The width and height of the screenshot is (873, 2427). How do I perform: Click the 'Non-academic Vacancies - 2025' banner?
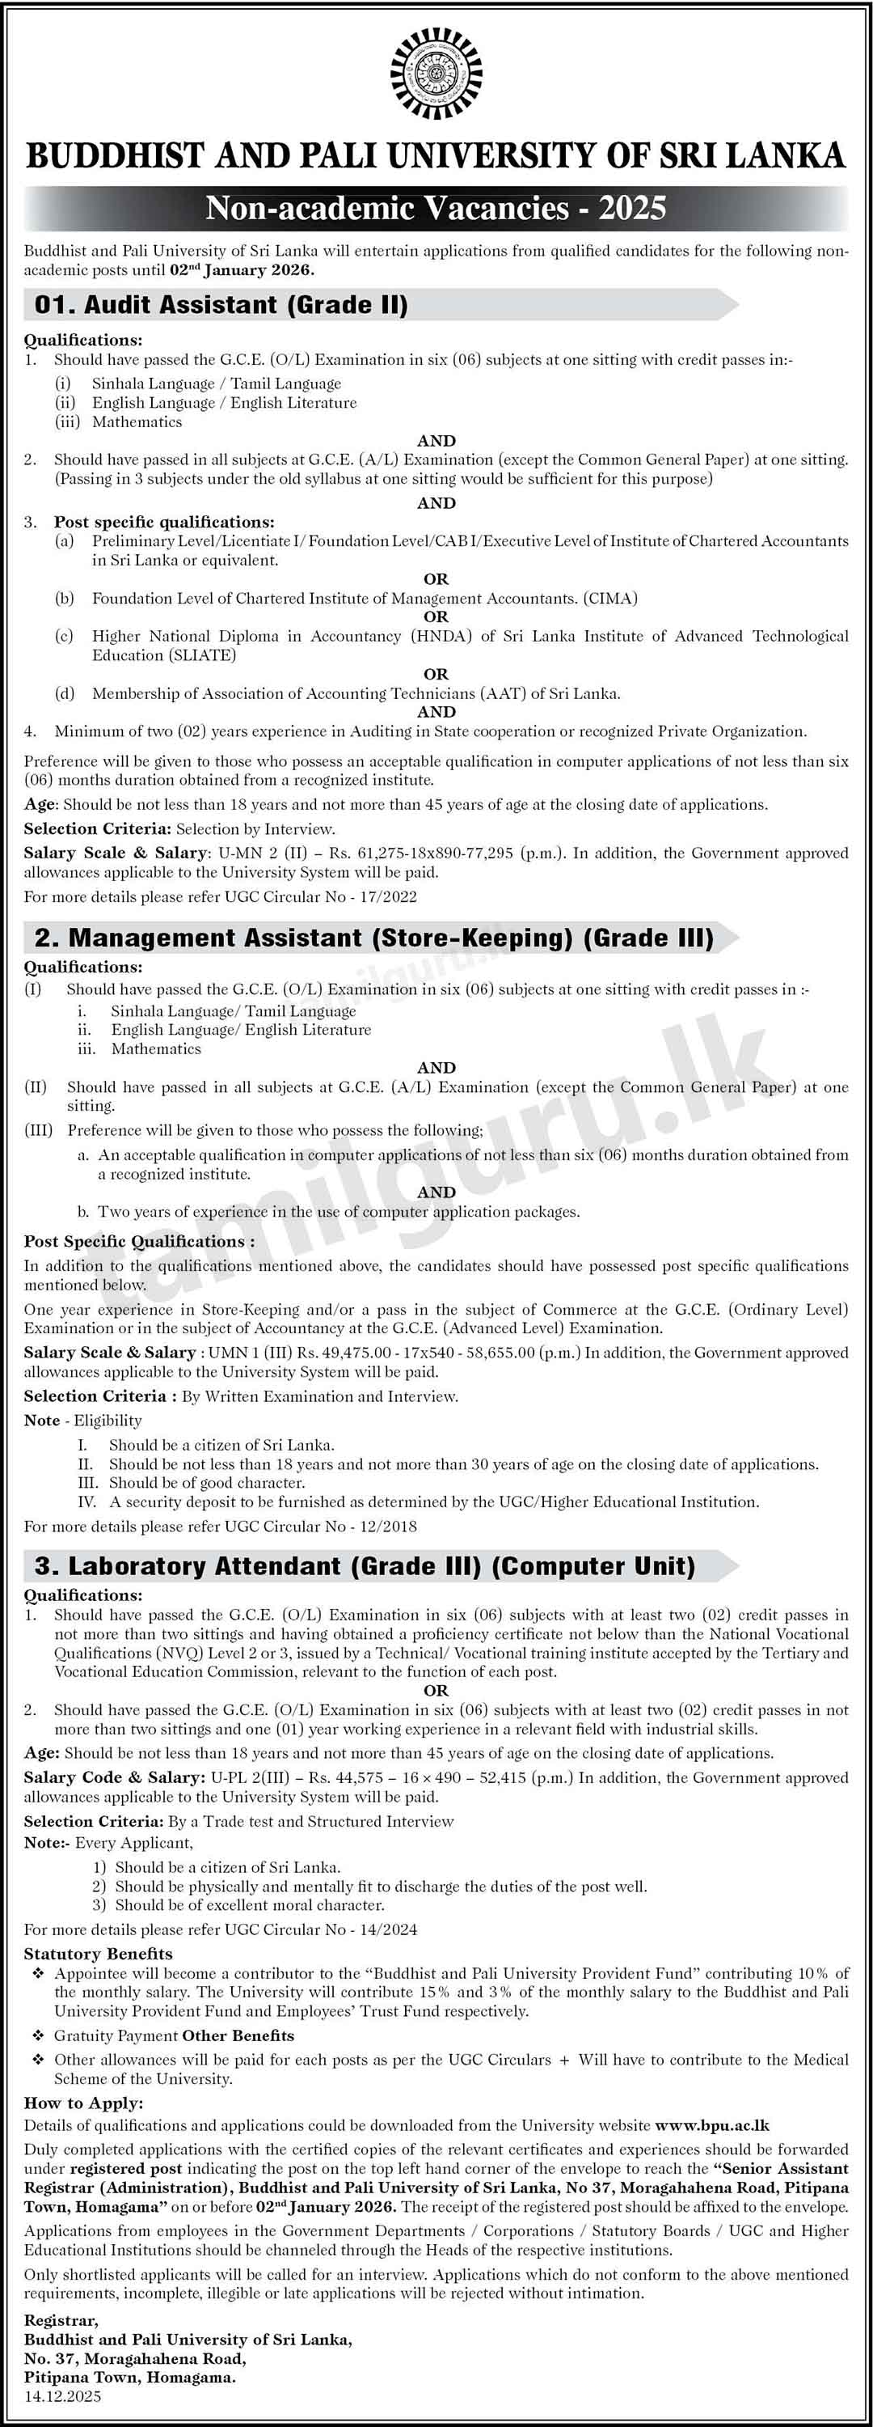tap(436, 208)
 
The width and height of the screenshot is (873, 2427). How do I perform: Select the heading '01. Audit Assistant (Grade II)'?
tap(221, 305)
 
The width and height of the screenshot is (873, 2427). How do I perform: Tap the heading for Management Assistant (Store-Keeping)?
tap(374, 938)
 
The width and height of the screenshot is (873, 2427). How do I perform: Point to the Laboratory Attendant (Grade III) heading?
tap(365, 1566)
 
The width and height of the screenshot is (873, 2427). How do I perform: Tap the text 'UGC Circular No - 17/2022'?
tap(320, 897)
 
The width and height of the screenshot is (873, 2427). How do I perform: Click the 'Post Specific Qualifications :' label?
tap(139, 1242)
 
